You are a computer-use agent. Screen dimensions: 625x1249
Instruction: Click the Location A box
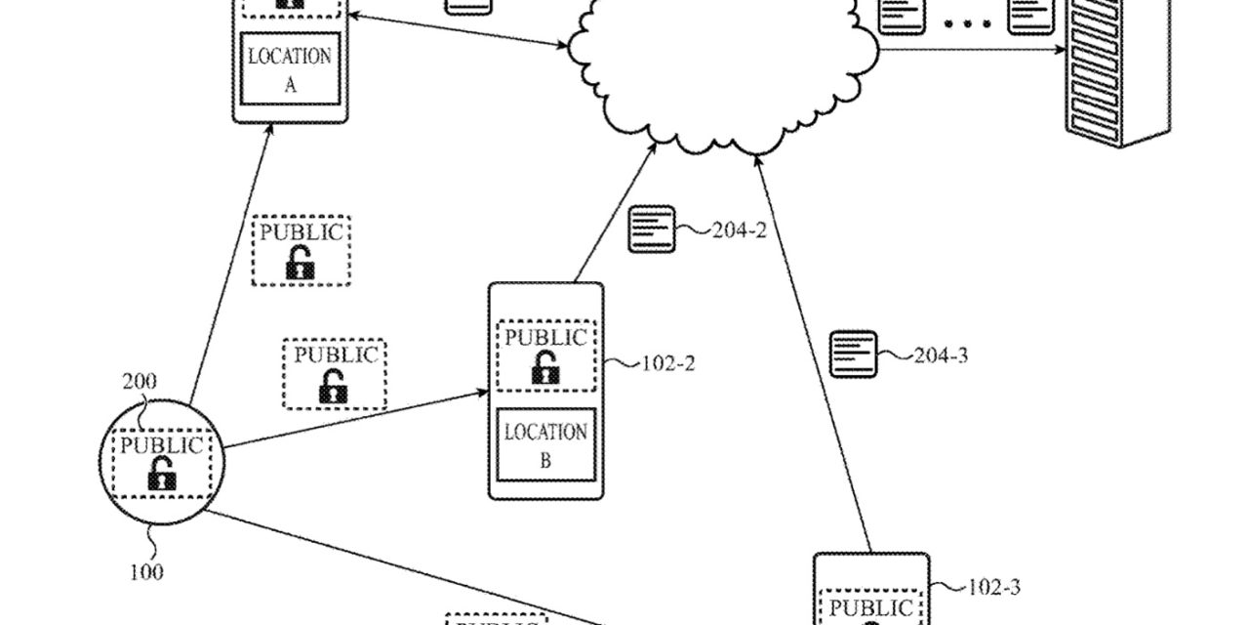click(289, 68)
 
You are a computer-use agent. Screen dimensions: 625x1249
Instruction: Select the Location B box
click(544, 445)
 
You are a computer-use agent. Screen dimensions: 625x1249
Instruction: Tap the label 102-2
click(667, 364)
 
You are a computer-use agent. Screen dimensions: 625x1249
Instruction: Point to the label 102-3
click(993, 587)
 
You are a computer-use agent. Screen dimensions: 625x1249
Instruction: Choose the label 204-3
click(941, 355)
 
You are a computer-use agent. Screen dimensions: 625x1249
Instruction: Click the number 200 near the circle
click(140, 382)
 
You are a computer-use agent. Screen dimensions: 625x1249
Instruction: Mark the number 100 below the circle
click(146, 571)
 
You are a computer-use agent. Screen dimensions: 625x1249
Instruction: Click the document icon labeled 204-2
click(652, 229)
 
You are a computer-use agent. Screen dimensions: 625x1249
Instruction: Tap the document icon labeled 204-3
click(853, 354)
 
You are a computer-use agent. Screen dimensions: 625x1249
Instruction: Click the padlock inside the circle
click(161, 477)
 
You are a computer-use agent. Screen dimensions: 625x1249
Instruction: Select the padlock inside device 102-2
click(544, 369)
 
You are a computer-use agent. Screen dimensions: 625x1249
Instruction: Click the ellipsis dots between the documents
click(966, 21)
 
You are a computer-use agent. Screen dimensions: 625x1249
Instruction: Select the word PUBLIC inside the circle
click(161, 447)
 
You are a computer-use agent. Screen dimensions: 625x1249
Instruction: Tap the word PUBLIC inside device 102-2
click(545, 339)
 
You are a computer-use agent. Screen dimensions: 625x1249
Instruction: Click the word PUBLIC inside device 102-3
click(870, 607)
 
